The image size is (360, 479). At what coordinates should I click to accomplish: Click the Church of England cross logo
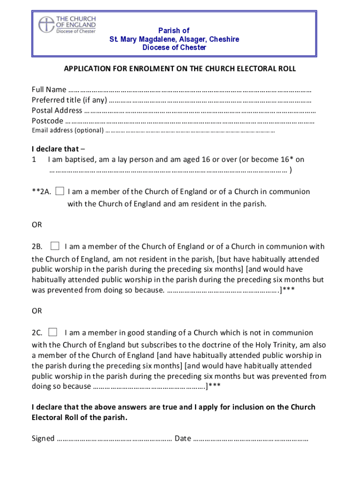tap(46, 24)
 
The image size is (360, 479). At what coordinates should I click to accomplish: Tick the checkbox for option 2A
tap(60, 191)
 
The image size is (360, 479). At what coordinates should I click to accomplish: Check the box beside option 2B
tap(55, 246)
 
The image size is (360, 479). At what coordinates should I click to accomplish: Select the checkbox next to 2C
tap(52, 332)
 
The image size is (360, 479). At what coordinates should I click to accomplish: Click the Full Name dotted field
tap(189, 90)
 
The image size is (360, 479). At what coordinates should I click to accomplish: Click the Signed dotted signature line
tap(114, 439)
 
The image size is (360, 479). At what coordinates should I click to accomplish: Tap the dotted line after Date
tap(251, 439)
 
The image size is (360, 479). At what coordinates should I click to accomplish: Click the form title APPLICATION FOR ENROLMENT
tap(180, 69)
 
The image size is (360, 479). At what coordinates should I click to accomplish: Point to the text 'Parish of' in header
tap(174, 30)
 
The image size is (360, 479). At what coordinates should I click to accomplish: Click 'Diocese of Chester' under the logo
tap(76, 32)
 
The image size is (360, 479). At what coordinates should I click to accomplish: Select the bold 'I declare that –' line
tap(55, 149)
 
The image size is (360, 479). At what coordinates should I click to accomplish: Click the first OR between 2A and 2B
tap(37, 225)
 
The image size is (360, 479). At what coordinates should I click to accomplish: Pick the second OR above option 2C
tap(37, 311)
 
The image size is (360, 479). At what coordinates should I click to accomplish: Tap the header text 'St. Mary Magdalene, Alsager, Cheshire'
tap(174, 39)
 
